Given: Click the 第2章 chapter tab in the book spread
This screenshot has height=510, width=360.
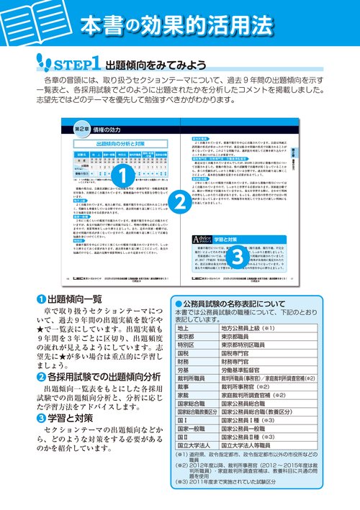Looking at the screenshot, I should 83,129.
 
